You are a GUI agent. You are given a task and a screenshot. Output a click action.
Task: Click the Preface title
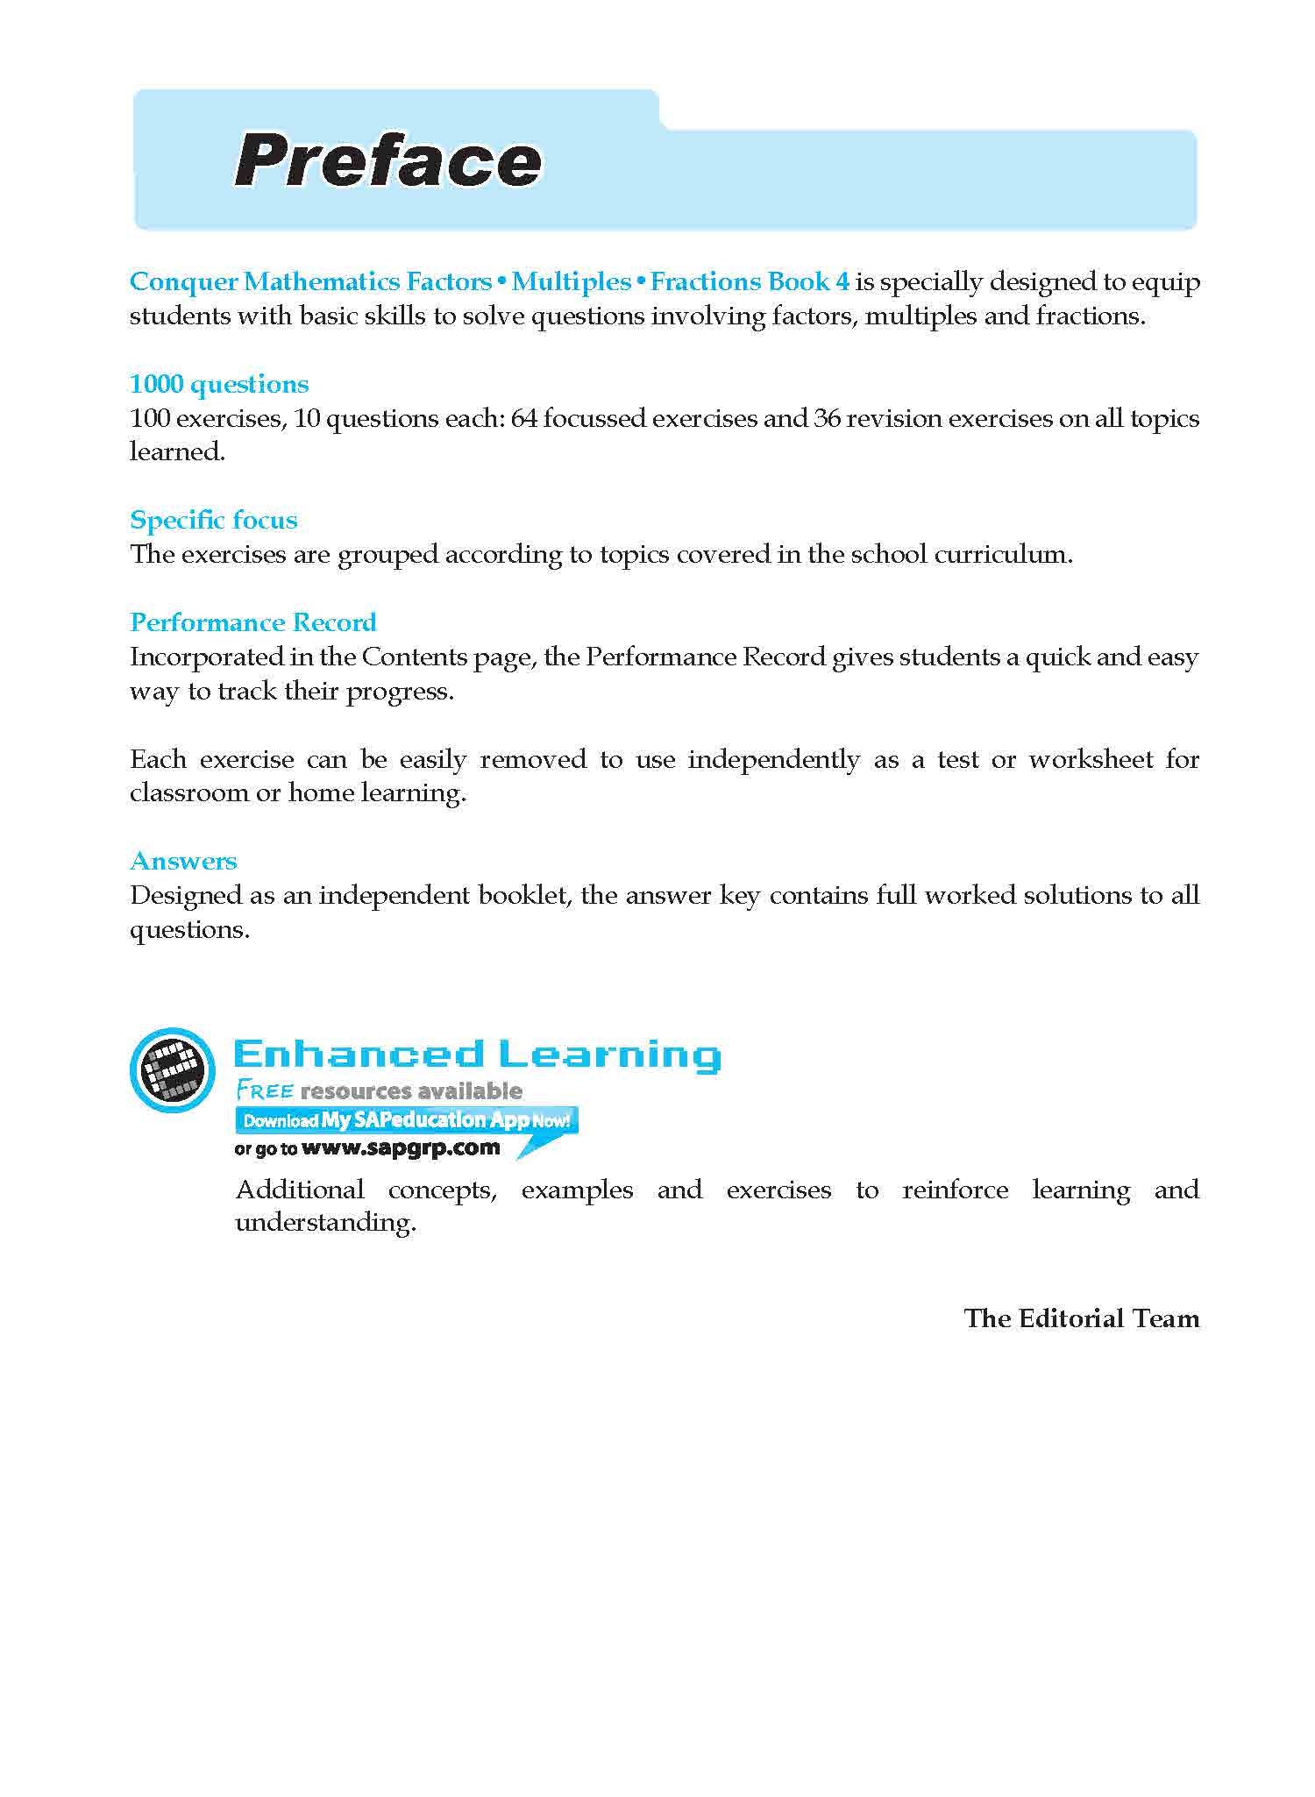click(387, 162)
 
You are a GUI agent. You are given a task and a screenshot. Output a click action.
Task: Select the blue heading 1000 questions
click(219, 384)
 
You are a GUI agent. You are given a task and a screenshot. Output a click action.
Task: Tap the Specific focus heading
click(214, 520)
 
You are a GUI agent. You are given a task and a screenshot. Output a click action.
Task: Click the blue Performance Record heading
click(253, 622)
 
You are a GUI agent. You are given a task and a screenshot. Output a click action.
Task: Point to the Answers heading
click(183, 861)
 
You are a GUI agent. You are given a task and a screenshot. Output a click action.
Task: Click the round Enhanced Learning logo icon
click(172, 1069)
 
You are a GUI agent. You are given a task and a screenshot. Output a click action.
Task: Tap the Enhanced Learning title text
click(478, 1054)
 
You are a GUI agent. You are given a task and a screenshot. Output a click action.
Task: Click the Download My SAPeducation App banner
click(406, 1119)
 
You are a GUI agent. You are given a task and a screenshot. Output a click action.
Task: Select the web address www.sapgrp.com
click(401, 1147)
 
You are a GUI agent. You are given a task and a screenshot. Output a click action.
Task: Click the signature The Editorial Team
click(1081, 1318)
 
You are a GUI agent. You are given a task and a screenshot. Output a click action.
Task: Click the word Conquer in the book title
click(184, 281)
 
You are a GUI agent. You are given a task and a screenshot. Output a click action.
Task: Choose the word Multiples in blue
click(571, 281)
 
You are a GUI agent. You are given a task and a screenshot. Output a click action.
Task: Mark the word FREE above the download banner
click(264, 1091)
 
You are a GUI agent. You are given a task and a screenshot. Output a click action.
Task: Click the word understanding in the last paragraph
click(324, 1223)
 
